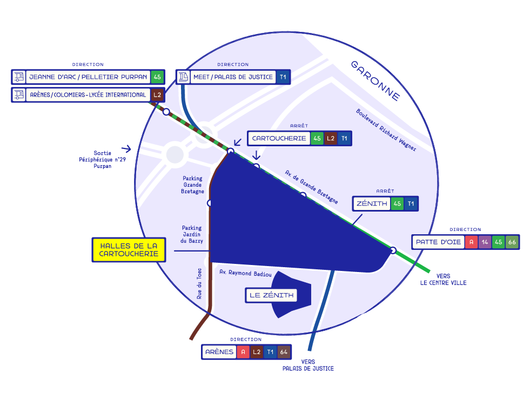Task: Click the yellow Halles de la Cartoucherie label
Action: (x=129, y=250)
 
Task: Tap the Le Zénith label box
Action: (x=272, y=295)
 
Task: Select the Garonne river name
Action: (x=375, y=80)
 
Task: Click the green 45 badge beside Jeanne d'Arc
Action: (x=157, y=77)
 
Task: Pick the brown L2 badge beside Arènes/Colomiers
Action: (x=157, y=95)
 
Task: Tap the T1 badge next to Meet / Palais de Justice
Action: (x=283, y=77)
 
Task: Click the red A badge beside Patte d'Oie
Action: (x=472, y=242)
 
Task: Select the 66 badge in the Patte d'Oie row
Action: (x=511, y=242)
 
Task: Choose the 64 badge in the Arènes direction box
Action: (x=284, y=352)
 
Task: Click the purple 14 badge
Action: (x=485, y=242)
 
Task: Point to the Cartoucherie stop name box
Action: (x=279, y=138)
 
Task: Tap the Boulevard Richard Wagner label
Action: (x=386, y=130)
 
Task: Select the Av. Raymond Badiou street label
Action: (x=246, y=273)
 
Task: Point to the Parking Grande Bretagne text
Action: (x=193, y=185)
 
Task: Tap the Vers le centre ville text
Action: (x=443, y=279)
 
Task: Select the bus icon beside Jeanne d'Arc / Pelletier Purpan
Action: (x=19, y=77)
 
